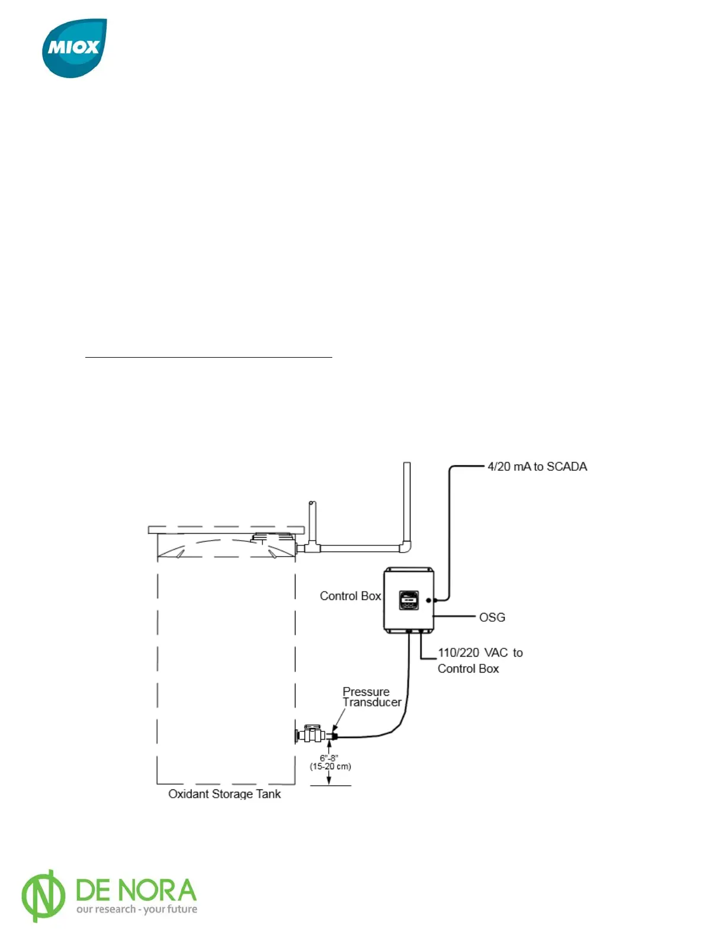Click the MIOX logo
(x=74, y=47)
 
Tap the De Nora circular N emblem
(x=43, y=895)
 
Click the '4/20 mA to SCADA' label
(x=537, y=467)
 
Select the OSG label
(x=492, y=617)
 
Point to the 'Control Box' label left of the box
(x=350, y=596)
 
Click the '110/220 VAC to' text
(x=480, y=653)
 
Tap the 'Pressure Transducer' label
(x=371, y=697)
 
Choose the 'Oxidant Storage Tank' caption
(x=224, y=794)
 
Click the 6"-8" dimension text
(x=329, y=758)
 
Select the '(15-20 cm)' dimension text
(x=330, y=766)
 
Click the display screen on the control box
(x=408, y=599)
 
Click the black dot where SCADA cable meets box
(x=429, y=600)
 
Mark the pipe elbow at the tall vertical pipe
(x=405, y=547)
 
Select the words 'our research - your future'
(x=137, y=909)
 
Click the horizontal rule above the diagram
(x=208, y=358)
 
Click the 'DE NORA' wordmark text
(x=136, y=890)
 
